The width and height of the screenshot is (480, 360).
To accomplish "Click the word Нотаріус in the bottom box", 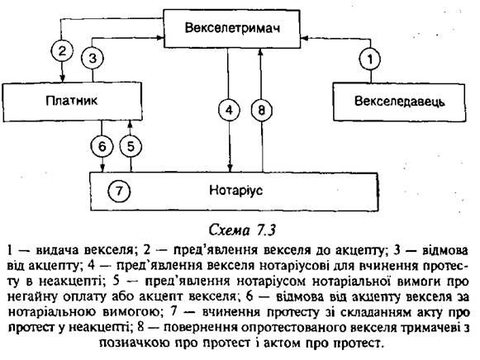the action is tap(235, 191).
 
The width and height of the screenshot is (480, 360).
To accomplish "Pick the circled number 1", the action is tap(370, 59).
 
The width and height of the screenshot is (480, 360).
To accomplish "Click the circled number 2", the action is tap(62, 50).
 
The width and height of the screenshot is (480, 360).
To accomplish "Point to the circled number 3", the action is tap(93, 58).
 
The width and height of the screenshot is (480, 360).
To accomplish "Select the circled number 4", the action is tap(229, 110).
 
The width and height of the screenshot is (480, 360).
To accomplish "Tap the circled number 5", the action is tap(131, 146).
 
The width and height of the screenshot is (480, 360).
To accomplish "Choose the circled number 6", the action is tap(102, 146).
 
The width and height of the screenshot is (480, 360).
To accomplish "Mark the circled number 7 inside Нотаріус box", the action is tap(119, 192).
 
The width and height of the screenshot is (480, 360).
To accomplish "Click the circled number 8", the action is tap(261, 110).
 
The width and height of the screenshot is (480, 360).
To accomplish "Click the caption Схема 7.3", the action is tap(242, 230).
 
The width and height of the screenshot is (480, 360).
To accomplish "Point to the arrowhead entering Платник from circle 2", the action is tap(63, 78).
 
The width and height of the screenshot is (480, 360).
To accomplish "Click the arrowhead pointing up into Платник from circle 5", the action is tap(130, 125).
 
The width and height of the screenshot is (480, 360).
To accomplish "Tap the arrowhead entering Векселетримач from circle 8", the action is tap(260, 52).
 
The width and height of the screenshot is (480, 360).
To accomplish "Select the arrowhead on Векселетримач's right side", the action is tap(305, 38).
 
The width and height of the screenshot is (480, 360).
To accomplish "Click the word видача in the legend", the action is tap(57, 250).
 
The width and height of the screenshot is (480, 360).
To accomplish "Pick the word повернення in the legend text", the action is tap(200, 328).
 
